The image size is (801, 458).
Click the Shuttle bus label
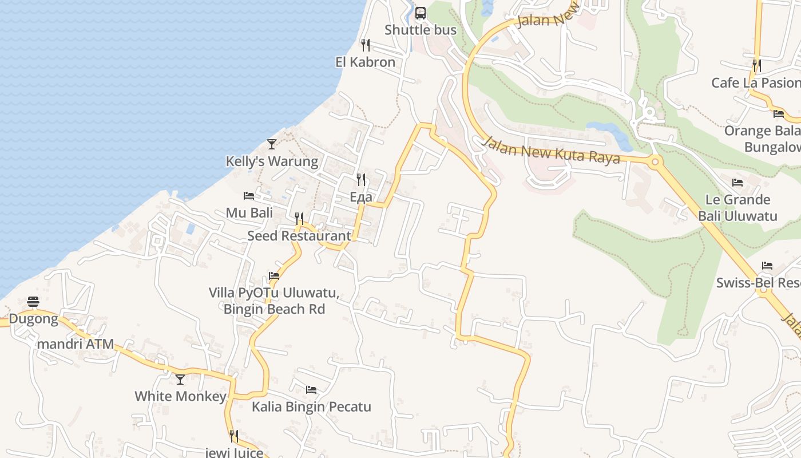point(421,30)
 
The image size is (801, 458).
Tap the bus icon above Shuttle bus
point(421,13)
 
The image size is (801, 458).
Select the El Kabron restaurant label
point(365,62)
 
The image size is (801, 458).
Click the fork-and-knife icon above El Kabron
point(365,45)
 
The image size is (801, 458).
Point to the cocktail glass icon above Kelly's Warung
point(272,144)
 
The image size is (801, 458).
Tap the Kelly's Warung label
point(272,161)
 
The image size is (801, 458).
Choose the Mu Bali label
point(249,213)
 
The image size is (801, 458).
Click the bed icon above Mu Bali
point(249,196)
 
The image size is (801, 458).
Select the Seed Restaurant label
point(299,236)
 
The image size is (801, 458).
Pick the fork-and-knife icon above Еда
point(361,180)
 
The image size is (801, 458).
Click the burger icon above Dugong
point(33,302)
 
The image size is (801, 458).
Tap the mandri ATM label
point(75,345)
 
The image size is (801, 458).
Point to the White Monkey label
point(180,397)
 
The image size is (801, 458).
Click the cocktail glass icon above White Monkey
point(180,379)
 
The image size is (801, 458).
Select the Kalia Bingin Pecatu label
point(311,407)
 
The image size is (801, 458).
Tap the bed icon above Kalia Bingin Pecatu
point(311,390)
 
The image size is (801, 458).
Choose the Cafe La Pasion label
point(755,83)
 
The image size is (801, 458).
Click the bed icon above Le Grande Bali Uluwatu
point(737,183)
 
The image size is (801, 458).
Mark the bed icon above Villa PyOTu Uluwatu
point(274,276)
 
